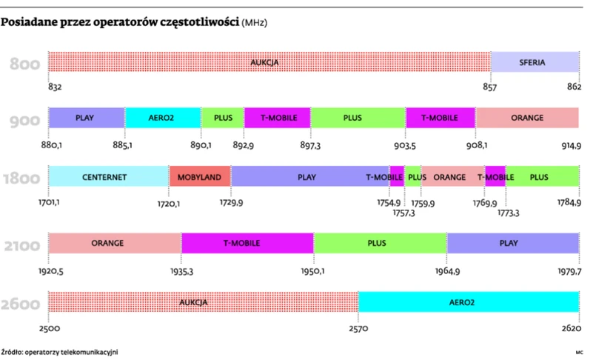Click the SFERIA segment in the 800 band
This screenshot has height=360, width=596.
pyautogui.click(x=533, y=62)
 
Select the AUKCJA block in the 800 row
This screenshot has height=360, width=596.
pyautogui.click(x=268, y=62)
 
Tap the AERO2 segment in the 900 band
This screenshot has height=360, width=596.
pyautogui.click(x=162, y=118)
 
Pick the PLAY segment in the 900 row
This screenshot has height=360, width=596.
pyautogui.click(x=86, y=118)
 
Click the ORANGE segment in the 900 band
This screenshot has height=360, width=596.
pyautogui.click(x=526, y=118)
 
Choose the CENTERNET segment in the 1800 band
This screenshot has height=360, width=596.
pyautogui.click(x=108, y=177)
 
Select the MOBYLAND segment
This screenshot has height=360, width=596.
pyautogui.click(x=200, y=177)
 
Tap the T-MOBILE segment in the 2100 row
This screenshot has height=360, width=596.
pyautogui.click(x=247, y=243)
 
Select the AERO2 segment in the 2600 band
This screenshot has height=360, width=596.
pyautogui.click(x=468, y=302)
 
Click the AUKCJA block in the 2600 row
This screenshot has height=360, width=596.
pyautogui.click(x=202, y=302)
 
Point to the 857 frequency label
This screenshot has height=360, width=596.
pyautogui.click(x=489, y=87)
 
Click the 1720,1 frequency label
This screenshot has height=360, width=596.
pyautogui.click(x=168, y=202)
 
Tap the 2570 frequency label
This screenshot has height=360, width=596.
pyautogui.click(x=358, y=327)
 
